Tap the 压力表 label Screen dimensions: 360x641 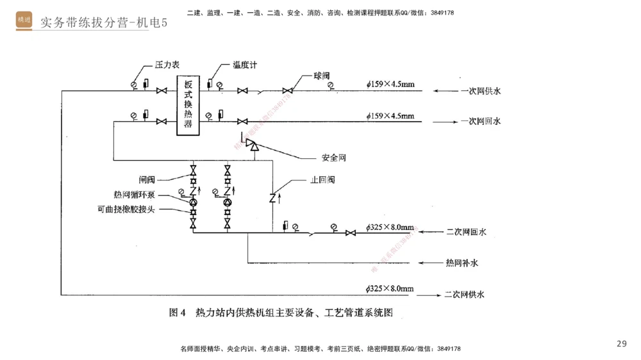pos(167,65)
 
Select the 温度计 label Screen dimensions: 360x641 pos(245,65)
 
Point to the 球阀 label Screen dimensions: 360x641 pos(322,76)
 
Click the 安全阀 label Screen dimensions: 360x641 pos(334,158)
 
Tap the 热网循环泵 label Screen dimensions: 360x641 pos(134,195)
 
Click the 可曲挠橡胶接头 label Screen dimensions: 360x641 pos(126,209)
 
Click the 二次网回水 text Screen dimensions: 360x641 pos(466,232)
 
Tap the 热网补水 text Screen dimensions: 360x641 pos(462,263)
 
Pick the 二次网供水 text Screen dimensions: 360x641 pos(464,295)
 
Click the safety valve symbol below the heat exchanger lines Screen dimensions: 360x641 pos(253,147)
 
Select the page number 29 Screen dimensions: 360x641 pos(621,344)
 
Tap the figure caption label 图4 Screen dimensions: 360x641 pos(177,313)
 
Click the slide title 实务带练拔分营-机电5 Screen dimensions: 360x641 pos(103,23)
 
